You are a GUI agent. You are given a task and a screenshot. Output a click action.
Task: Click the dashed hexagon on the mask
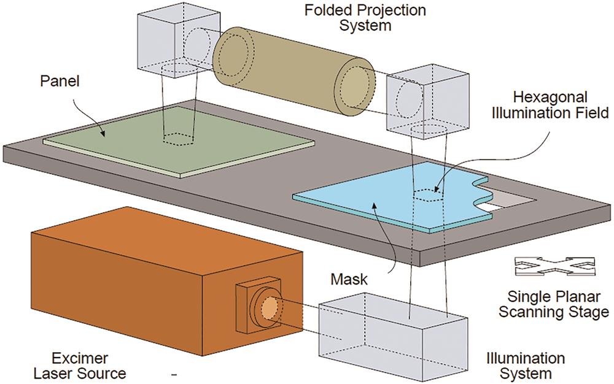(427, 194)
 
